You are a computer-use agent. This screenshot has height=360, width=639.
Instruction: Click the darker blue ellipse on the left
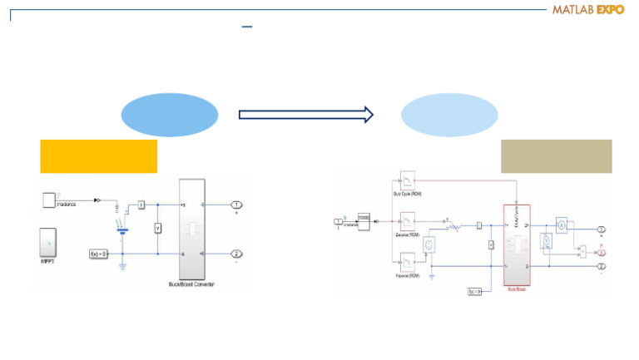(x=170, y=115)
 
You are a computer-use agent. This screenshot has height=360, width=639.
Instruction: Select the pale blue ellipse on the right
(x=449, y=115)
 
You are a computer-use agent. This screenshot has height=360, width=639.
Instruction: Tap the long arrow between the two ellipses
(x=306, y=115)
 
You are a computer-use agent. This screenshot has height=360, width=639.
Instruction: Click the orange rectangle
(x=98, y=156)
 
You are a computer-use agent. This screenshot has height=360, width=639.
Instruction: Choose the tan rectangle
(x=556, y=156)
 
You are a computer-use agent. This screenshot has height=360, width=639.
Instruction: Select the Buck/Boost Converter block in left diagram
(x=191, y=229)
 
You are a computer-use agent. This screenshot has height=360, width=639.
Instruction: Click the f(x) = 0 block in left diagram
(x=100, y=253)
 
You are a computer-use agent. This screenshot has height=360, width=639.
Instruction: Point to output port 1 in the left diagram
(x=237, y=205)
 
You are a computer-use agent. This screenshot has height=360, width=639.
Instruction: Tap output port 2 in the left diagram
(x=237, y=254)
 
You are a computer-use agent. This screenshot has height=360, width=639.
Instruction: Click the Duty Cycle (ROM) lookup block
(x=409, y=181)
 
